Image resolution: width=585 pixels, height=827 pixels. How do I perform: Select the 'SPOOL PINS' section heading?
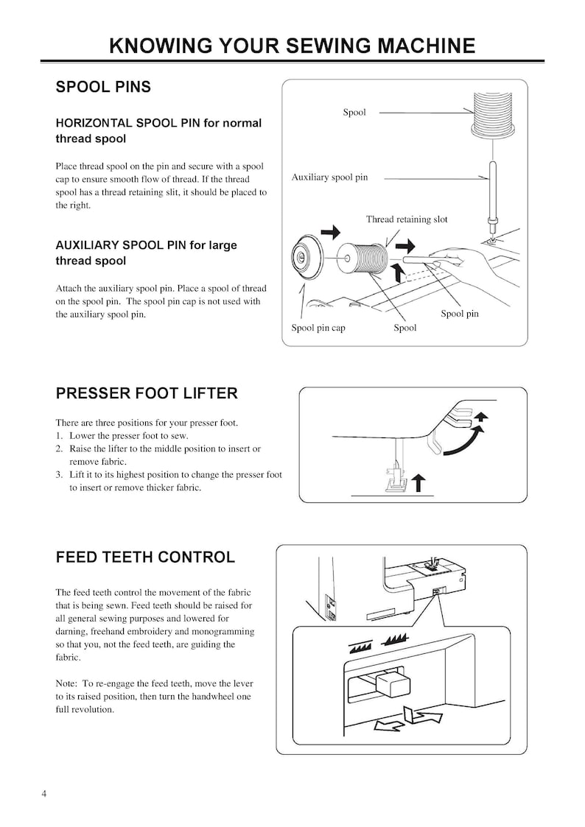pos(103,87)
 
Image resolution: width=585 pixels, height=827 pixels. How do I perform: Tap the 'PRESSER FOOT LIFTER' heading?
pos(147,393)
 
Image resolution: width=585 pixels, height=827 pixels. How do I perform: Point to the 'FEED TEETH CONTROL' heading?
pos(145,557)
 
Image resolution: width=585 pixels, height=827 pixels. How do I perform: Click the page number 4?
pos(44,794)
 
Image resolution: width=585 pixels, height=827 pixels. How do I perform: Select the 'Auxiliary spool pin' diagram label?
pos(329,177)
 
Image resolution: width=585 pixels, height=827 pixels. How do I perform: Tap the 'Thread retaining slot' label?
pos(407,219)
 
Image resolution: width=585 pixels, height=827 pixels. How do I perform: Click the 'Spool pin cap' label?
pos(318,328)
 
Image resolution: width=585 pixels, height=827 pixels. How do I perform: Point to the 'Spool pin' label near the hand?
pos(459,314)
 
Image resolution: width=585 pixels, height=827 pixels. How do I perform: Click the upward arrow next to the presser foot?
pos(418,483)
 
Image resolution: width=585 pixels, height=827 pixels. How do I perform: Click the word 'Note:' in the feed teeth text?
pos(67,683)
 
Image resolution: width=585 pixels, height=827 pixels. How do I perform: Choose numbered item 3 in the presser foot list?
pos(168,475)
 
